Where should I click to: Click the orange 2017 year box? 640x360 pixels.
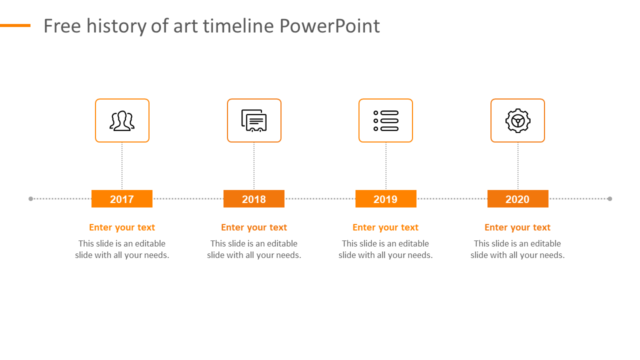(122, 199)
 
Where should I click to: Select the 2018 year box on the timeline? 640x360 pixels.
(254, 199)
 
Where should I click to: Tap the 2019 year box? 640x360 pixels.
(386, 199)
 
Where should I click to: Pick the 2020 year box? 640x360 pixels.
(518, 199)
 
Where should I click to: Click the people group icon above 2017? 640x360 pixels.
(122, 121)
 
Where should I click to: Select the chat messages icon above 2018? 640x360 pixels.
(254, 121)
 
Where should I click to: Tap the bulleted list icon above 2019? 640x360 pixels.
(386, 121)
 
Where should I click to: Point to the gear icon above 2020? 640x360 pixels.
(518, 121)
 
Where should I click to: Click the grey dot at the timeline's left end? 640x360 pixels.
(31, 199)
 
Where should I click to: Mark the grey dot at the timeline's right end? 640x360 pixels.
(609, 199)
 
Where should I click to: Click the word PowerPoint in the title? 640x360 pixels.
(329, 26)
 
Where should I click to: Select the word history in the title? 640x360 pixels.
(116, 26)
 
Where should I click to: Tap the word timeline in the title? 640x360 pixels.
(238, 26)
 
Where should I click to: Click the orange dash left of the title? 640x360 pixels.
(15, 25)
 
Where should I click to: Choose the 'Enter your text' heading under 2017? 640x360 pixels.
(122, 227)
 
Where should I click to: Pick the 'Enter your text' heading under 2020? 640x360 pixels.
(517, 227)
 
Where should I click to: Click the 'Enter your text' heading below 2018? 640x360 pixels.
(254, 227)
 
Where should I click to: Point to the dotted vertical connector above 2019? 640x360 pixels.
(386, 166)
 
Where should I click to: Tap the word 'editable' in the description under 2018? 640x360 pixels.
(282, 243)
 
